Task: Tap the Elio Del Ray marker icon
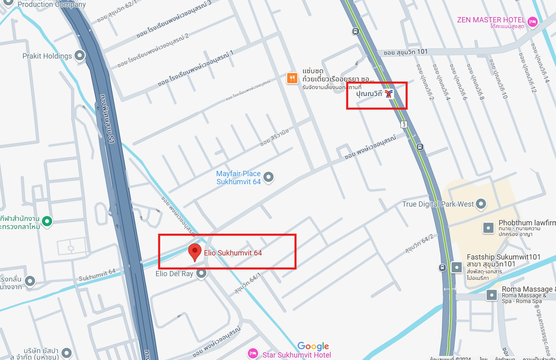(x=201, y=273)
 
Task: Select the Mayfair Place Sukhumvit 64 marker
(x=268, y=177)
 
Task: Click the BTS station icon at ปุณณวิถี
(x=389, y=94)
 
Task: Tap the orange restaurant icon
(x=292, y=78)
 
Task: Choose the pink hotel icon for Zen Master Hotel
(x=532, y=22)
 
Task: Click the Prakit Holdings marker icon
(x=79, y=55)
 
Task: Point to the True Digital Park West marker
(x=481, y=203)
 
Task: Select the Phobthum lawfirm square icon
(x=488, y=227)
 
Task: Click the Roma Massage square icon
(x=492, y=295)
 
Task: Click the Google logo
(x=313, y=346)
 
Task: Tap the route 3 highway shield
(x=403, y=124)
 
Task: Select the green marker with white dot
(x=48, y=221)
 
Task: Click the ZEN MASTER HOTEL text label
(x=491, y=20)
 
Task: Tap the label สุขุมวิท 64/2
(x=419, y=244)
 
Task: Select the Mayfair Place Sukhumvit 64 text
(x=239, y=178)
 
